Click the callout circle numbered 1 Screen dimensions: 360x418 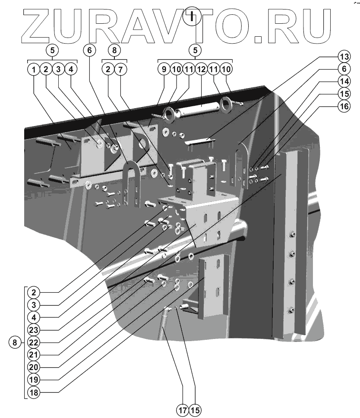pos(33,69)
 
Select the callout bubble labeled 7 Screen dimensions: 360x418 pos(120,69)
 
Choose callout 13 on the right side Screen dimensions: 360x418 pos(344,57)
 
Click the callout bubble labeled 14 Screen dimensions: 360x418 pos(344,81)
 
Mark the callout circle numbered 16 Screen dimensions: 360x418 pos(344,107)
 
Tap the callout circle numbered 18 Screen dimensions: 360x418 pos(33,393)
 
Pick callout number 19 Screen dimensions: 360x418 pos(33,380)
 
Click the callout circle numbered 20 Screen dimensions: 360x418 pos(33,367)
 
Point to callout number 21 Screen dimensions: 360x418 pos(33,355)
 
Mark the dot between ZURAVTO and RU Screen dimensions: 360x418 pos(258,39)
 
